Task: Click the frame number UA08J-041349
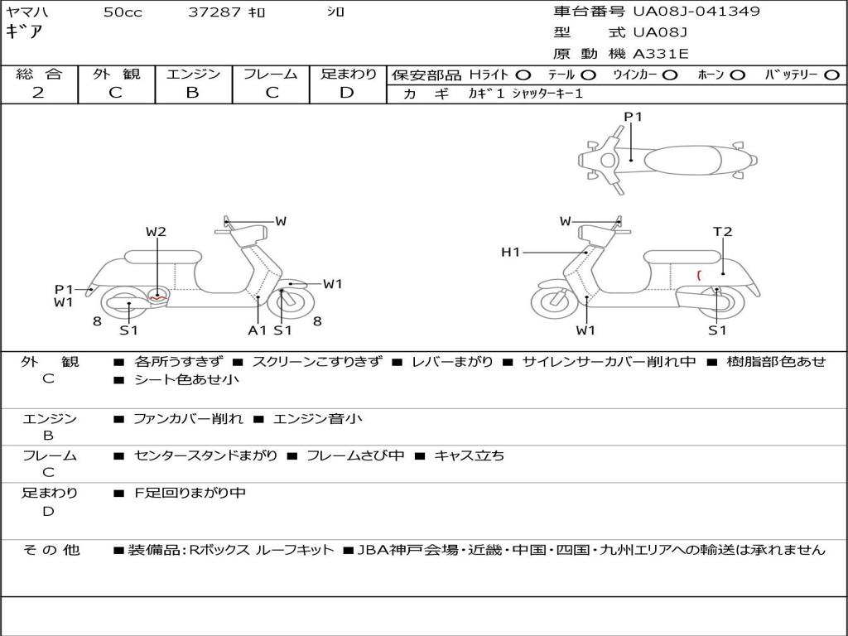pyautogui.click(x=696, y=12)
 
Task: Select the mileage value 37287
pyautogui.click(x=214, y=12)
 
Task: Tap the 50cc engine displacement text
pyautogui.click(x=123, y=12)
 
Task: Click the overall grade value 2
pyautogui.click(x=38, y=93)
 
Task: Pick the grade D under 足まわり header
pyautogui.click(x=347, y=93)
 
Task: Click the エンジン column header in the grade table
pyautogui.click(x=193, y=75)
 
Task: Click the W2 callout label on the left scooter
pyautogui.click(x=157, y=232)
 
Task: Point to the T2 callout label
pyautogui.click(x=723, y=232)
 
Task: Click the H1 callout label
pyautogui.click(x=510, y=253)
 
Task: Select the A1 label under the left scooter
pyautogui.click(x=258, y=330)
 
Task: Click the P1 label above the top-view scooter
pyautogui.click(x=634, y=117)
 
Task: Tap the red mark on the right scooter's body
pyautogui.click(x=699, y=274)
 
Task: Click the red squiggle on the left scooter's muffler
pyautogui.click(x=159, y=296)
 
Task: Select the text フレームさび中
pyautogui.click(x=355, y=455)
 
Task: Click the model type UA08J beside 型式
pyautogui.click(x=660, y=33)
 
